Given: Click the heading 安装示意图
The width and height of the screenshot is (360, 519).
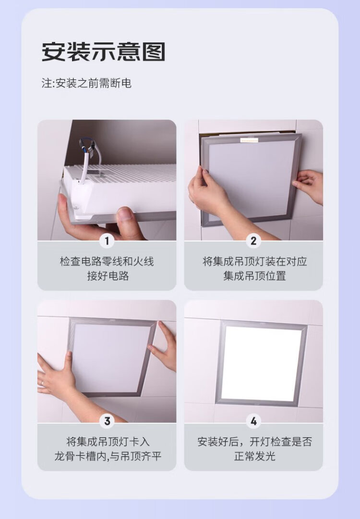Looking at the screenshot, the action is [x=103, y=52].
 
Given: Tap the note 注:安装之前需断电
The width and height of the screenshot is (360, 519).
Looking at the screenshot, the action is [x=86, y=83].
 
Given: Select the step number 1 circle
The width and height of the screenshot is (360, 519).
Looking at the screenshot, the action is [x=107, y=241].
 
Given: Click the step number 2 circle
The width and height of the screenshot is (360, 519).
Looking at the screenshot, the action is [x=253, y=241].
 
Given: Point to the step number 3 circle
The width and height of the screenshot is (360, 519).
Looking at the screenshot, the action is [x=107, y=421].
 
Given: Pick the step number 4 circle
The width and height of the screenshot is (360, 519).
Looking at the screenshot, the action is [x=253, y=421].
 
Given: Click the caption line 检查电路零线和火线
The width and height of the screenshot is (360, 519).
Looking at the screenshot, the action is [x=107, y=262].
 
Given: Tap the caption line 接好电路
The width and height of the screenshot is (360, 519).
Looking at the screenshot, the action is [x=108, y=276].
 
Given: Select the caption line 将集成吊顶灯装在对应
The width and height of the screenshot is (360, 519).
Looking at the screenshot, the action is [x=255, y=262].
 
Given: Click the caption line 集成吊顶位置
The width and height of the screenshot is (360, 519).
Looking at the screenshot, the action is [x=254, y=276].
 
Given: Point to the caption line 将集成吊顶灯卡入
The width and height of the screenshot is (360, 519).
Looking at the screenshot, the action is [x=108, y=442].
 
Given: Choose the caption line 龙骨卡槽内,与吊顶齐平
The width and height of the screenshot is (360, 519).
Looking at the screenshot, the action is [x=108, y=456].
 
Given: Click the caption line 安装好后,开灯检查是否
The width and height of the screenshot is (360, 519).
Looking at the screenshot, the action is [x=255, y=442].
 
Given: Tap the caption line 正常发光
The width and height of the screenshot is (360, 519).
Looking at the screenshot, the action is [x=254, y=456].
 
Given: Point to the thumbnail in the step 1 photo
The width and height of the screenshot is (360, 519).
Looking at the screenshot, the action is [x=124, y=214].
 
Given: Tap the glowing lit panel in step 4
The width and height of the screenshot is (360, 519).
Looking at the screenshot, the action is [x=261, y=363].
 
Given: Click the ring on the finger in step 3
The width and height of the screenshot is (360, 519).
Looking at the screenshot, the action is [x=42, y=383].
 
